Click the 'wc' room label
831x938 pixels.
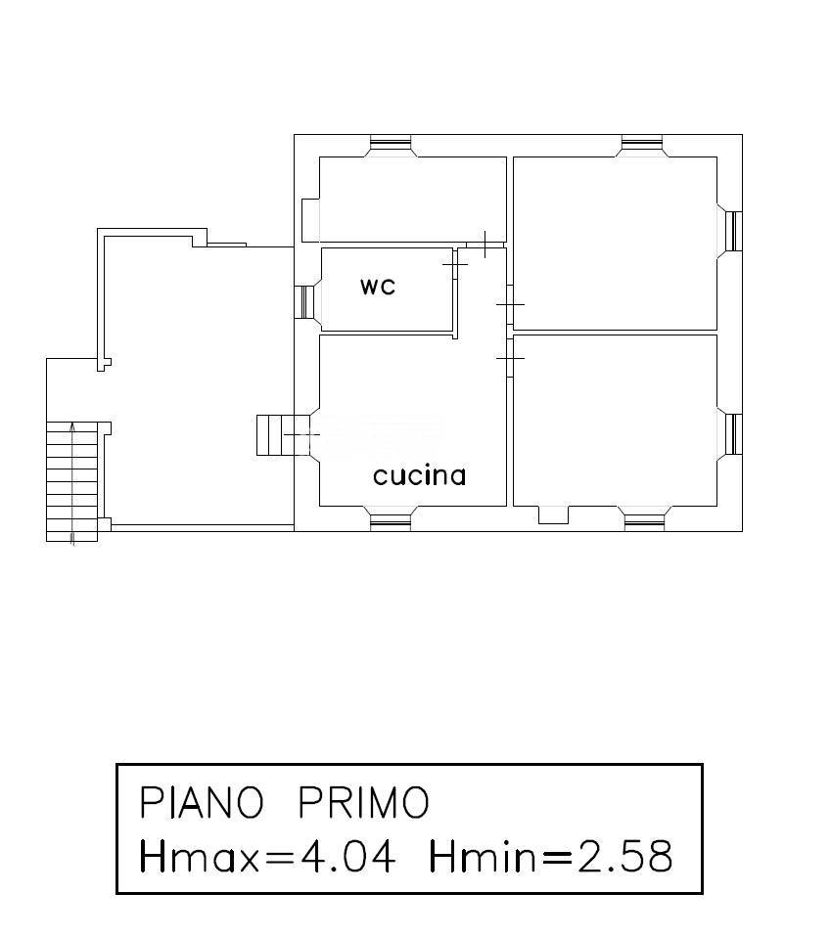[x=378, y=287]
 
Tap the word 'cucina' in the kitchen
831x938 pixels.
[x=419, y=476]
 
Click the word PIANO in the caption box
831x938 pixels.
[x=202, y=803]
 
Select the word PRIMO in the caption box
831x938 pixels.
[x=363, y=803]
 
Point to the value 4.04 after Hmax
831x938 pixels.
[x=347, y=857]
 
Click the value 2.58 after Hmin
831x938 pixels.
[x=623, y=857]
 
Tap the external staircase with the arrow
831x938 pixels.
[x=73, y=479]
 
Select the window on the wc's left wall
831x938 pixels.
[x=306, y=301]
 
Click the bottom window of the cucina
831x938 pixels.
[x=391, y=518]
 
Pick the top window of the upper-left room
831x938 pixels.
[x=391, y=145]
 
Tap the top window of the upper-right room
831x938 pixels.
[x=643, y=145]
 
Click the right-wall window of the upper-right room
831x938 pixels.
[x=731, y=231]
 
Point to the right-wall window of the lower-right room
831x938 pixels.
[x=731, y=433]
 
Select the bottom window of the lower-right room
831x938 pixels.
[x=644, y=518]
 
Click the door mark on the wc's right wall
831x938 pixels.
[x=455, y=264]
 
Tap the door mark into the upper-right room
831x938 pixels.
[x=510, y=304]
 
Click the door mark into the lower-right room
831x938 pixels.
[x=510, y=359]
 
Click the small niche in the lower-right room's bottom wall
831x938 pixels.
[x=554, y=514]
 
